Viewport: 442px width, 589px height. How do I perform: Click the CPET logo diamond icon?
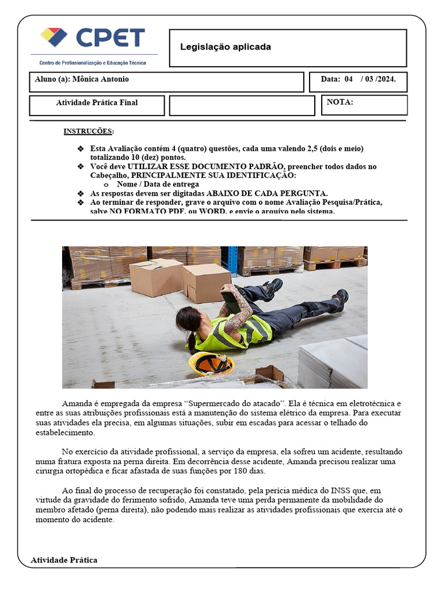tap(54, 37)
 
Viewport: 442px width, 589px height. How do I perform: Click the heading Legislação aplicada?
tap(225, 47)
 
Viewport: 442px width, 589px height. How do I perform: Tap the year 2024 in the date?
tap(386, 79)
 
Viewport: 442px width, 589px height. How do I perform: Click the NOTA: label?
tap(340, 102)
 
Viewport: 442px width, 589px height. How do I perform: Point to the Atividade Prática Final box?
tap(97, 104)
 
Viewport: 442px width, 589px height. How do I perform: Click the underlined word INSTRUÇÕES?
tap(88, 131)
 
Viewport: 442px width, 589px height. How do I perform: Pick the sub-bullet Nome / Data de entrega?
tap(158, 185)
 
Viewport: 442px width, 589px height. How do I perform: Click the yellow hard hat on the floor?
tap(211, 363)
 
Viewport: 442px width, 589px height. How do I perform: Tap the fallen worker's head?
tap(188, 320)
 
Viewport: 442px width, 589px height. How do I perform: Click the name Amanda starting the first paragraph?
tap(77, 403)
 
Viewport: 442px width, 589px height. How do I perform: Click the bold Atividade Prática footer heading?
tap(64, 560)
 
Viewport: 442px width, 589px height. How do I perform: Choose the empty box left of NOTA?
tap(242, 105)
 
